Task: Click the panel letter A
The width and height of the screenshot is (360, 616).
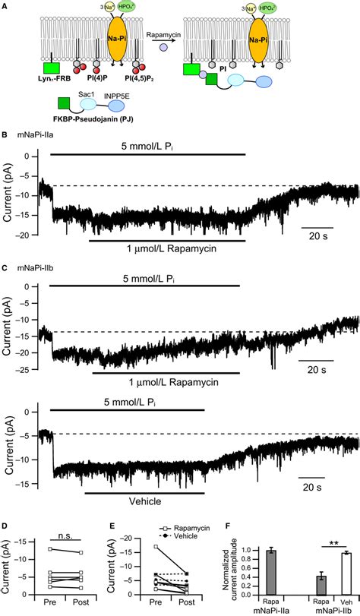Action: click(x=5, y=6)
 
